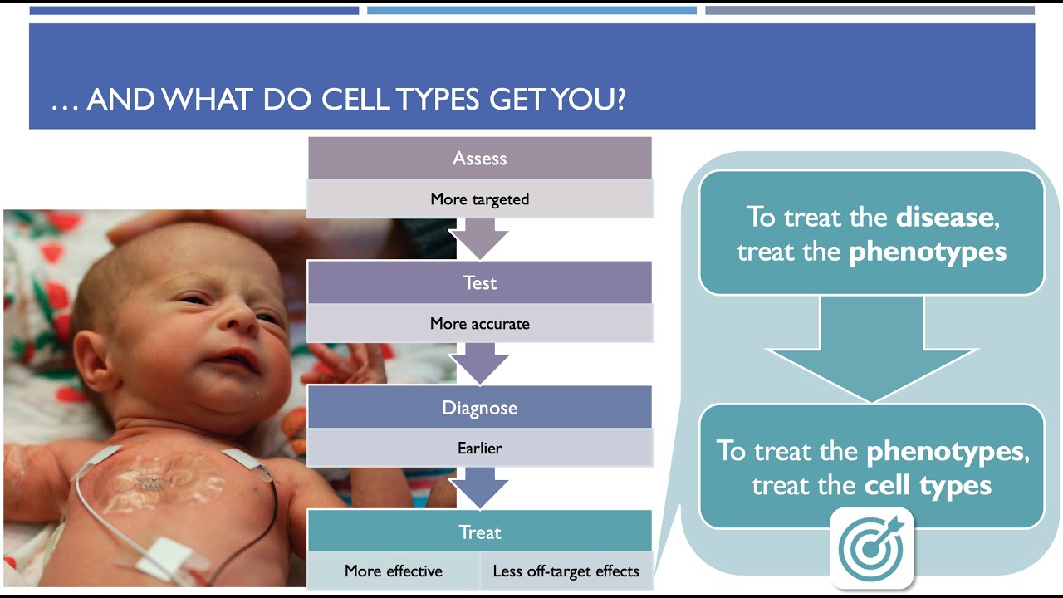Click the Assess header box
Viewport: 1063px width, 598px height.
pos(479,158)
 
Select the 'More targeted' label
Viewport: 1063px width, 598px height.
pos(479,199)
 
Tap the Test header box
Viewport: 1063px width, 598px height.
pos(479,282)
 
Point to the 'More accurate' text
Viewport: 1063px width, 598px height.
pos(479,324)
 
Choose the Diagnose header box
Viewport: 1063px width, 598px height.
pos(479,408)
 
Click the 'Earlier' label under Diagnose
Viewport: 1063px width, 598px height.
pos(479,448)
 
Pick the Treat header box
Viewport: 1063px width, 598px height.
pos(479,532)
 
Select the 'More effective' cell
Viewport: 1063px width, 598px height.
pos(394,571)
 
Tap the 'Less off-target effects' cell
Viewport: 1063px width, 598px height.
pos(566,571)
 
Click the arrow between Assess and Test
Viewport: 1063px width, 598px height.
pos(479,239)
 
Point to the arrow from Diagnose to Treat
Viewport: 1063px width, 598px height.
pos(479,489)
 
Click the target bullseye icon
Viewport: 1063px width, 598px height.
pos(871,548)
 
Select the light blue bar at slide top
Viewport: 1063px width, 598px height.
pos(531,11)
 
